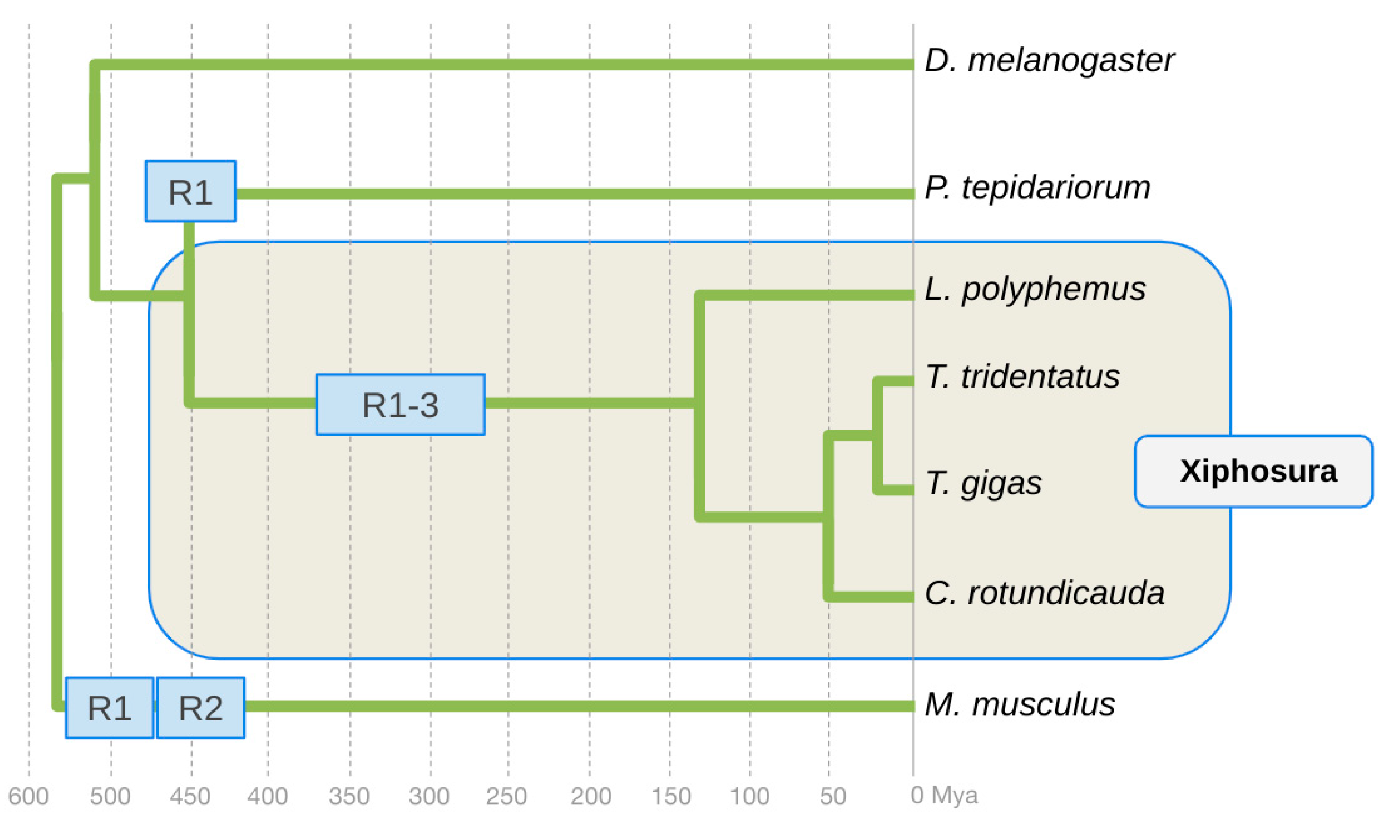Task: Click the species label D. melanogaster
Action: (1049, 60)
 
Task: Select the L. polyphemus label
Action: (1035, 289)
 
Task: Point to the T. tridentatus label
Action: (1022, 378)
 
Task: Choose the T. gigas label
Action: (983, 484)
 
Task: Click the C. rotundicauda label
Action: (1045, 594)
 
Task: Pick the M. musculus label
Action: (1020, 704)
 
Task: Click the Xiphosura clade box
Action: (1253, 471)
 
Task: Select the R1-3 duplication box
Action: (400, 405)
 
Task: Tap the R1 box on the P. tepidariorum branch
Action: (190, 191)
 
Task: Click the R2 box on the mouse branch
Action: (201, 708)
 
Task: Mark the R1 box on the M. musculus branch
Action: (109, 708)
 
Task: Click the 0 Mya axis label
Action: (944, 795)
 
